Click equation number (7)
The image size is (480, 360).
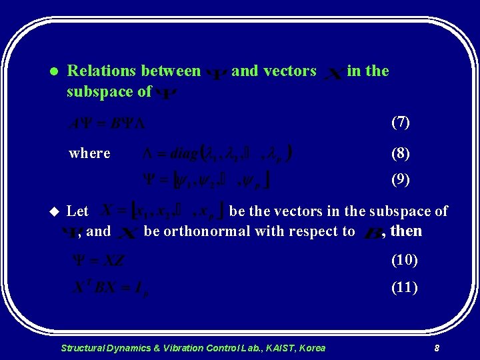pyautogui.click(x=404, y=123)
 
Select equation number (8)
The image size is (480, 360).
pyautogui.click(x=404, y=153)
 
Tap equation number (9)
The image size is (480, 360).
pyautogui.click(x=404, y=179)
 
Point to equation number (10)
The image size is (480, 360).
pyautogui.click(x=404, y=259)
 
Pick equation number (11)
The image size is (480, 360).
pyautogui.click(x=404, y=287)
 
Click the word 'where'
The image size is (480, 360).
pyautogui.click(x=89, y=153)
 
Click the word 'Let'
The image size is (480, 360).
pyautogui.click(x=78, y=211)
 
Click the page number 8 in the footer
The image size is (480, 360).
pyautogui.click(x=436, y=348)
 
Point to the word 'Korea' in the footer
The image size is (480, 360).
pyautogui.click(x=312, y=348)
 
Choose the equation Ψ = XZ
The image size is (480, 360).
pyautogui.click(x=98, y=261)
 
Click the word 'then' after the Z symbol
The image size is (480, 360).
pyautogui.click(x=406, y=231)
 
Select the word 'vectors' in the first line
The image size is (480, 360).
pyautogui.click(x=291, y=71)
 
